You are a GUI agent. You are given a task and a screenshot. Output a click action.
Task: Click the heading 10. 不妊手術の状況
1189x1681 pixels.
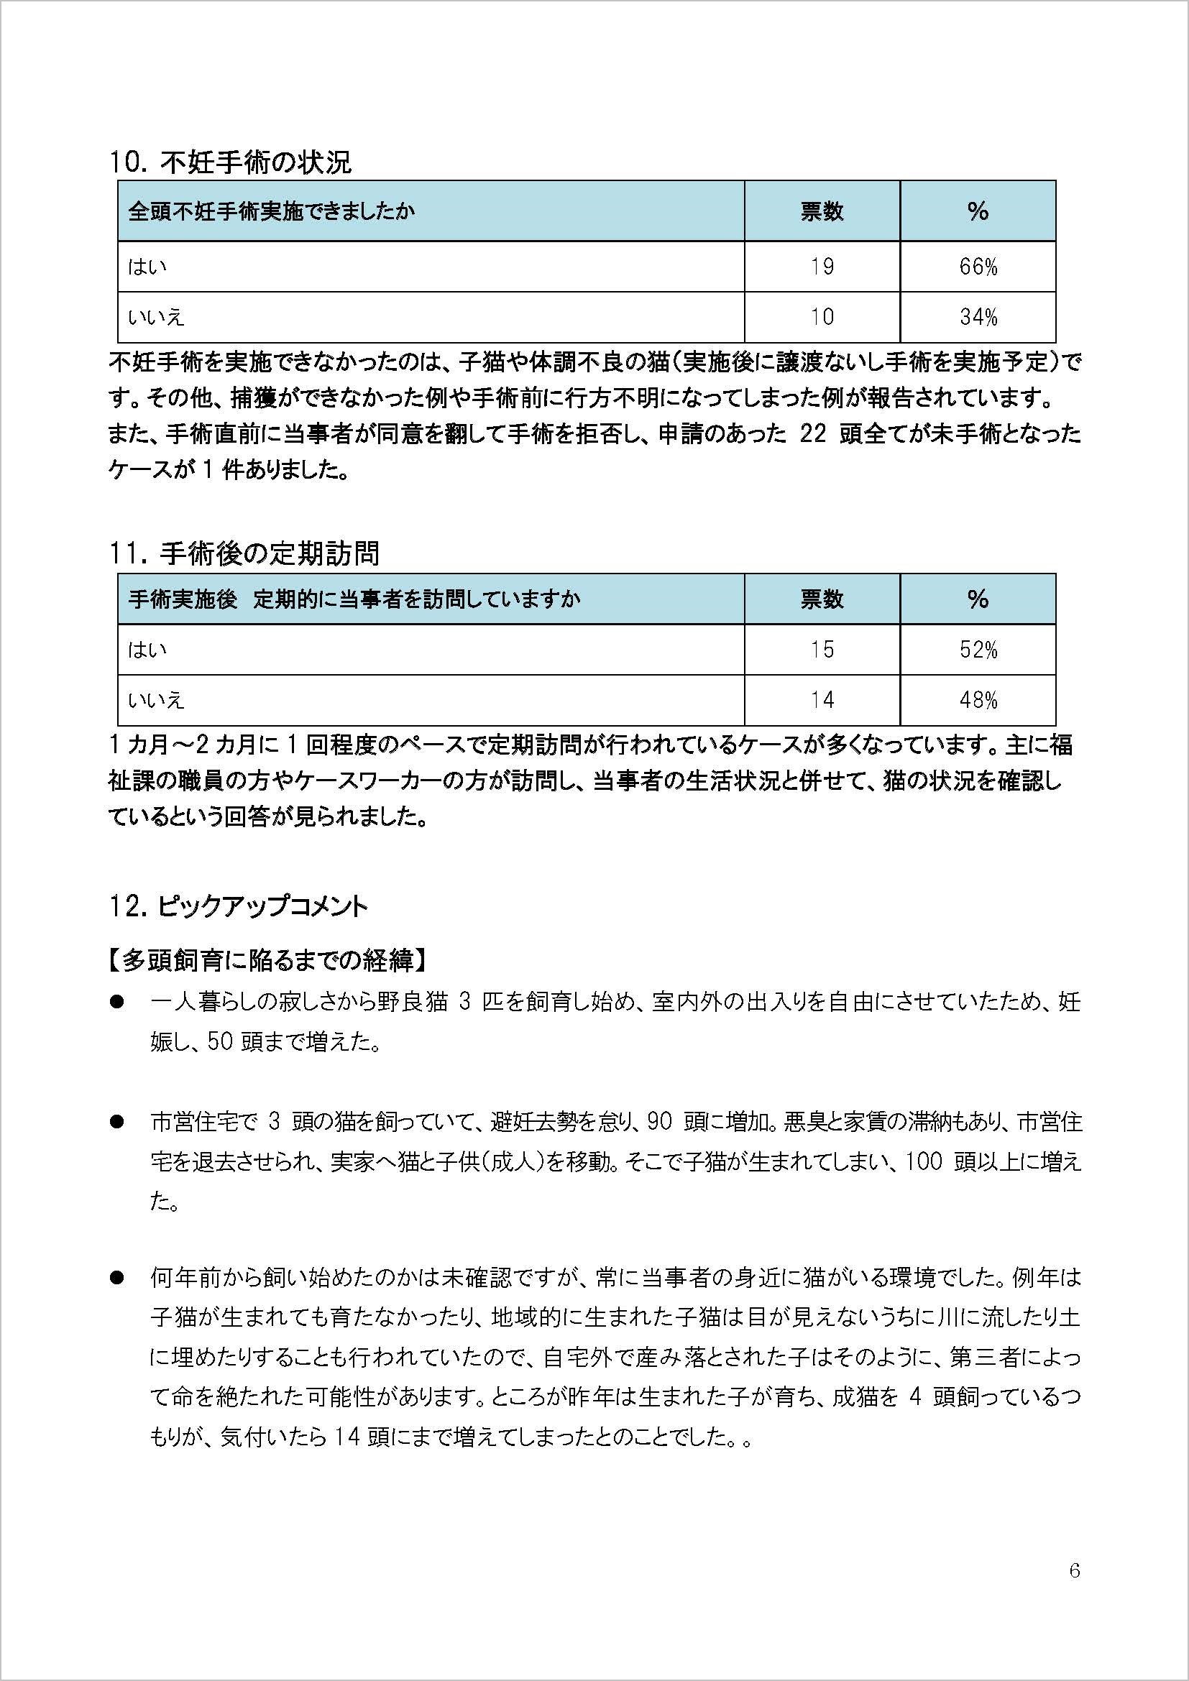(x=230, y=162)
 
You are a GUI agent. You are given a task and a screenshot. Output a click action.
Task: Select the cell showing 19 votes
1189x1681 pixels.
(x=822, y=267)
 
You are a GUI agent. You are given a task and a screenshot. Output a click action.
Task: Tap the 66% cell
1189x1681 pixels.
(x=978, y=267)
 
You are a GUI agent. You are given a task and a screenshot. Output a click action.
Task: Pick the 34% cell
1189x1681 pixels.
(x=978, y=317)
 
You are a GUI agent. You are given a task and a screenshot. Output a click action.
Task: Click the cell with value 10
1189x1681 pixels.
(x=822, y=317)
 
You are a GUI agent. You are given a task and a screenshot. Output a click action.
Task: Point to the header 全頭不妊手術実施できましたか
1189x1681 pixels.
(x=272, y=211)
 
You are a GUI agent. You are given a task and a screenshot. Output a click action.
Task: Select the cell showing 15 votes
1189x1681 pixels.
(x=822, y=650)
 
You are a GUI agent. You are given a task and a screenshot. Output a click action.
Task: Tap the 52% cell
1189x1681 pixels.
(x=978, y=650)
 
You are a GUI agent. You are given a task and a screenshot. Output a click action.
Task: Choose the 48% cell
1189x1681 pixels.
(x=978, y=700)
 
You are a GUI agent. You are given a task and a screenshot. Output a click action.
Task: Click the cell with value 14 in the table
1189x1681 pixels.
(x=822, y=700)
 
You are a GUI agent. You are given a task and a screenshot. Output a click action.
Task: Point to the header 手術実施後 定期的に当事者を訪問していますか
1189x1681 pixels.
(x=354, y=599)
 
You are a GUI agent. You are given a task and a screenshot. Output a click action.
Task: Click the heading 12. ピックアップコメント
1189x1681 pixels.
(x=238, y=907)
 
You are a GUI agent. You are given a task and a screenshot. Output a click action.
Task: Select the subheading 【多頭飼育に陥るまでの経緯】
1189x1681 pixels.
(x=267, y=960)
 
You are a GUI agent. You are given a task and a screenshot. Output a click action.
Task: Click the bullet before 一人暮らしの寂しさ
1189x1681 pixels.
(x=116, y=1002)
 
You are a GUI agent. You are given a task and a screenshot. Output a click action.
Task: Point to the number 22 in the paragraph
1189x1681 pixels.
(x=813, y=434)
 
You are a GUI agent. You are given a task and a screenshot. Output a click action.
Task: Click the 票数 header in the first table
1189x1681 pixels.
(x=822, y=211)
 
